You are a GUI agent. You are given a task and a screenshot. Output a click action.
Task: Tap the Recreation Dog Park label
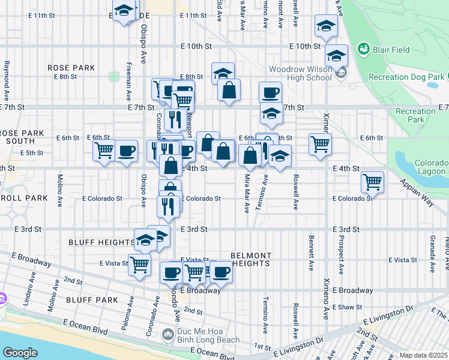406,77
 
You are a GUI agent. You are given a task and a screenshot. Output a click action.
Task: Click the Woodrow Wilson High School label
300,73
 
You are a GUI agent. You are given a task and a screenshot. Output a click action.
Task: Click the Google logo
20,352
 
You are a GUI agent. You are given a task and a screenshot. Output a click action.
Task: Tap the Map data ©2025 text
423,355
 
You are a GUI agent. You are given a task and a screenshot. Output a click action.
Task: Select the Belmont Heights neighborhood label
251,259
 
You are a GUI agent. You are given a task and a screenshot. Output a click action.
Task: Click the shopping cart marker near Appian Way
373,181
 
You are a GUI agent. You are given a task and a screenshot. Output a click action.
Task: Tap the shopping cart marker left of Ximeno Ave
320,143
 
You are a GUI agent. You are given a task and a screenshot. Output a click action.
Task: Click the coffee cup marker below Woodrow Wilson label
270,92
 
